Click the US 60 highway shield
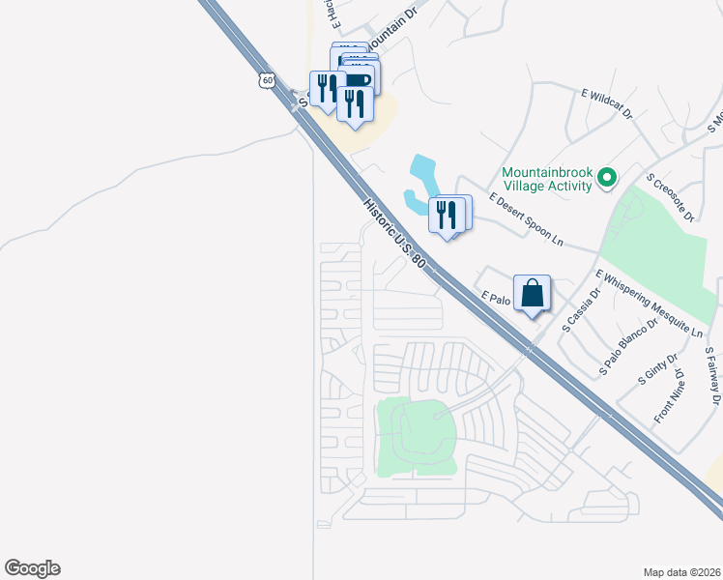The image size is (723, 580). [266, 79]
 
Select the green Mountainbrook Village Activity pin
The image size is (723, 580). [607, 177]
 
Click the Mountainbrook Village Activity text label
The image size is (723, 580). [546, 180]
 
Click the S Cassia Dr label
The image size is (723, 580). [582, 308]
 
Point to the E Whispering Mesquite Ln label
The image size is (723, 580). [649, 304]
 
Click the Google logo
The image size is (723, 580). [32, 568]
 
